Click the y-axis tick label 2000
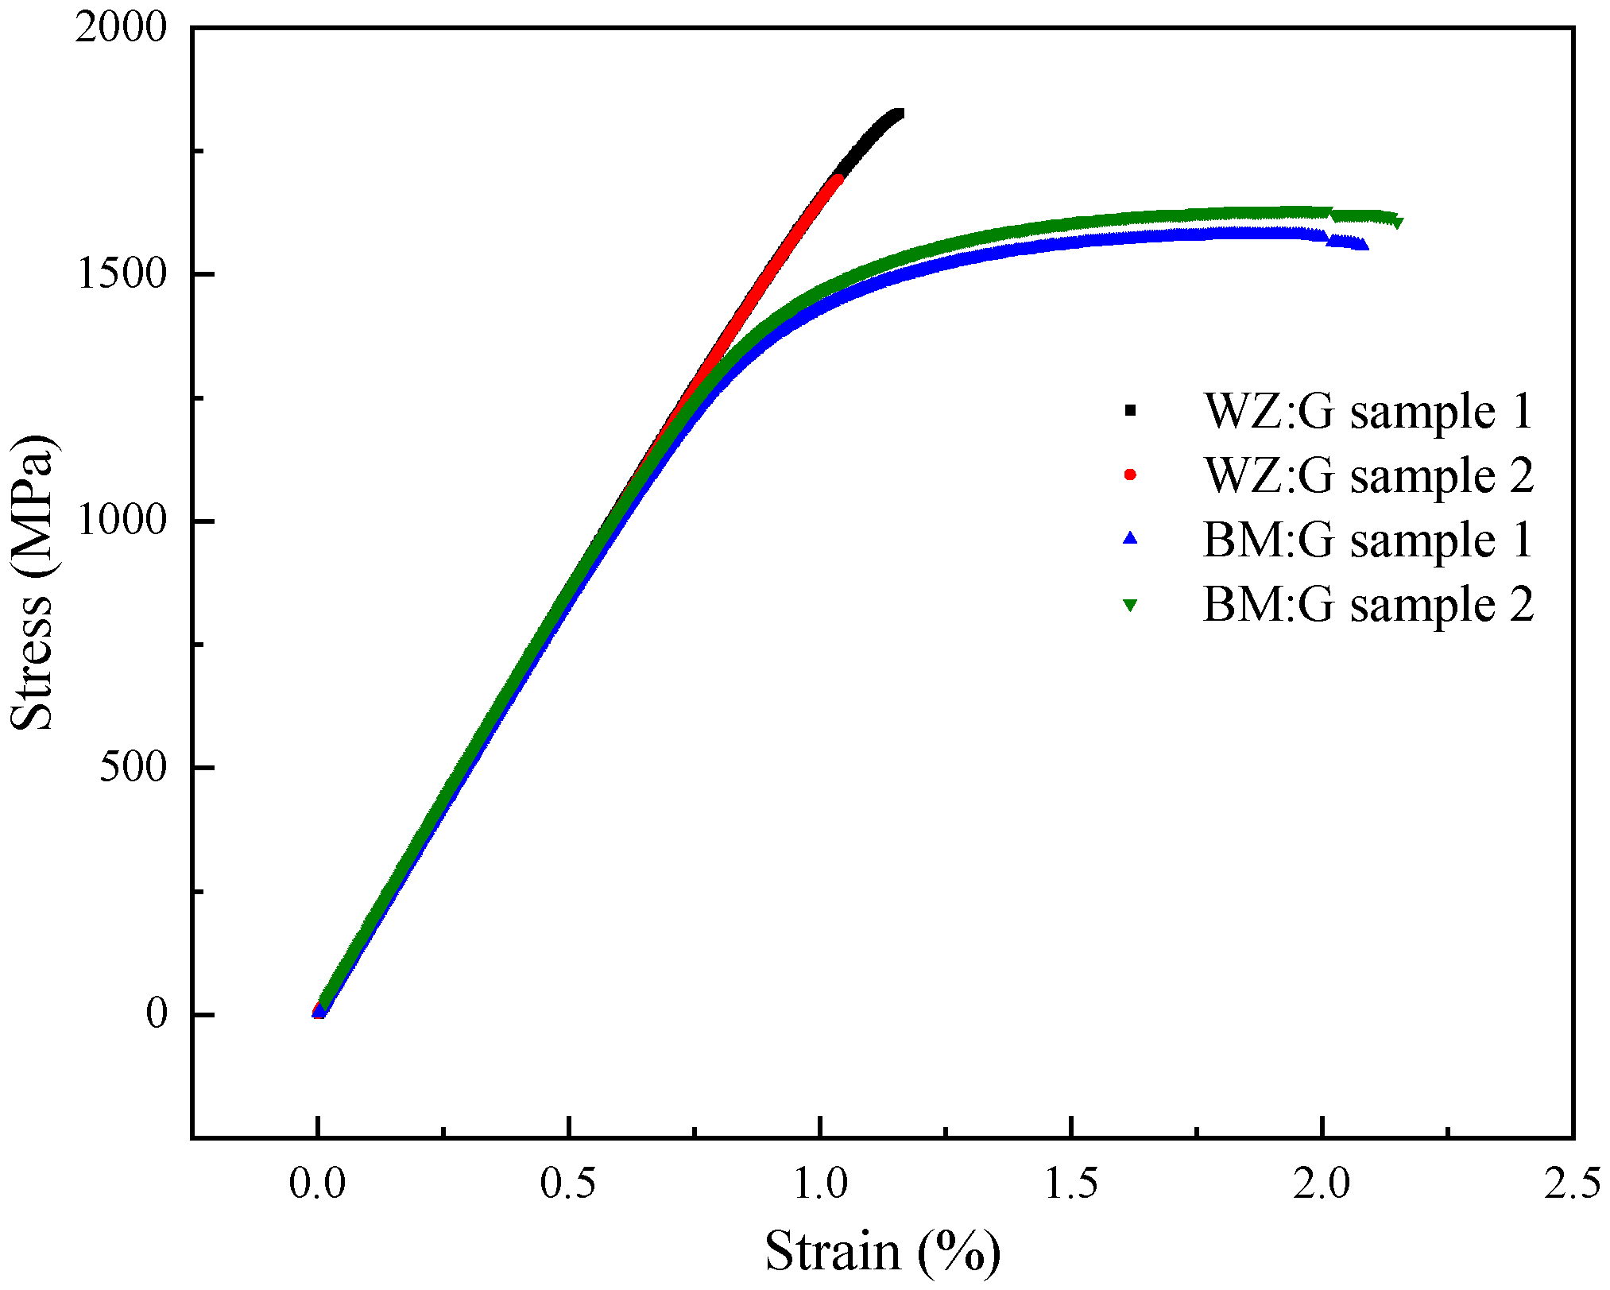coord(122,29)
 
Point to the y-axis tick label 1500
coord(122,275)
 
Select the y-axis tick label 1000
coord(122,521)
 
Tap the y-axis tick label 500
coord(133,768)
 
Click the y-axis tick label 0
coord(157,1014)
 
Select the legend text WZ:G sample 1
coord(1368,412)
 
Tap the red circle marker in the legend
coord(1130,475)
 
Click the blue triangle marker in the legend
coord(1130,539)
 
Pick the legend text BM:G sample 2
coord(1368,605)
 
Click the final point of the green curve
coord(1397,223)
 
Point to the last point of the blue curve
coord(1363,245)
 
